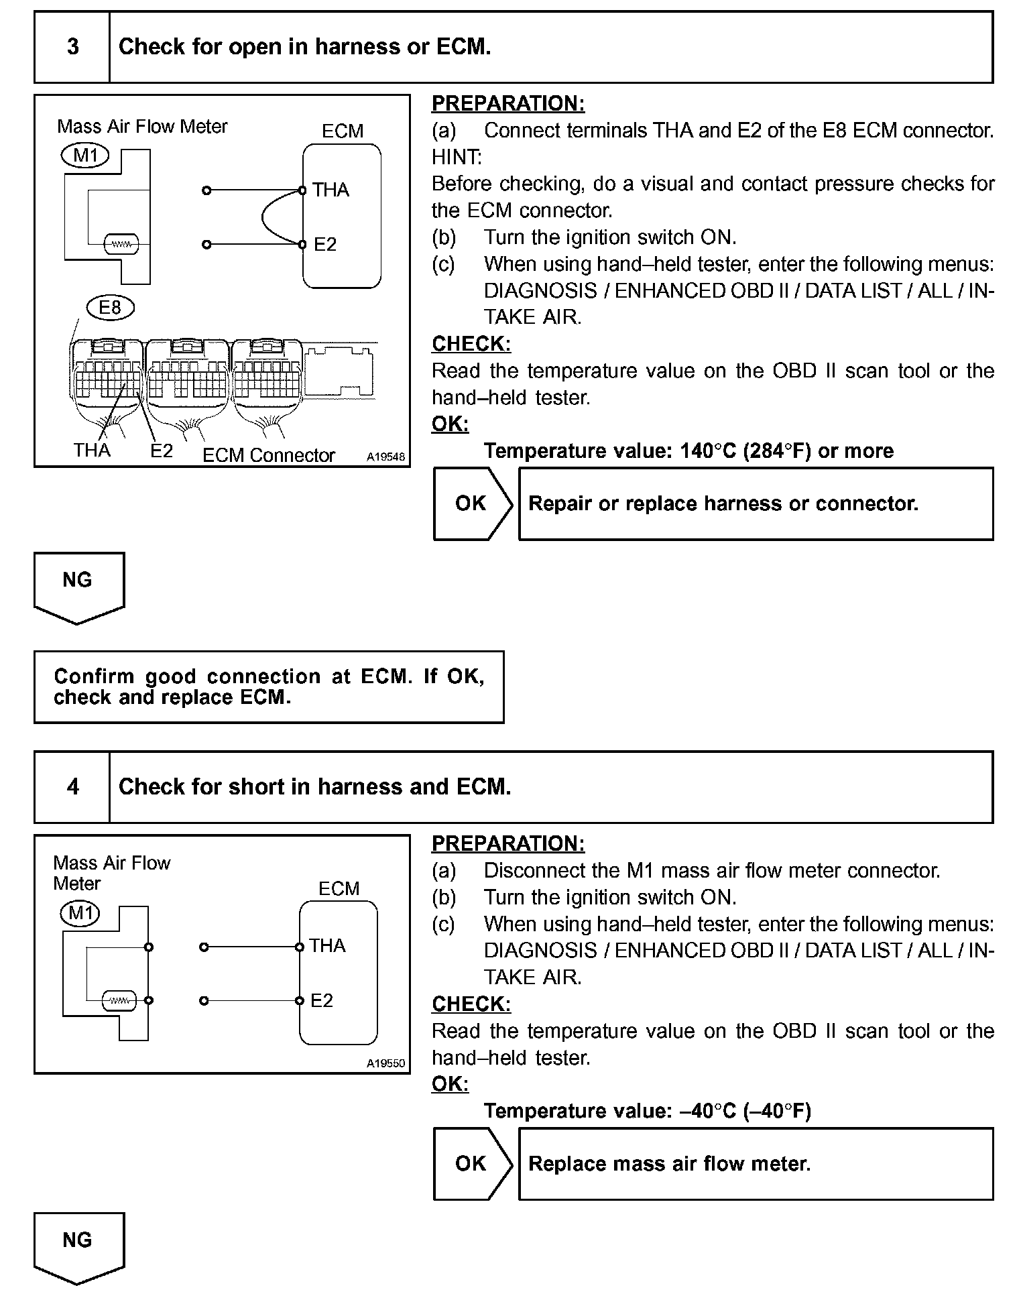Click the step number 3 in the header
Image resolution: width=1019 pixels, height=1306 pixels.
(72, 47)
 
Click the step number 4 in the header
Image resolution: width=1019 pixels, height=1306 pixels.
(72, 786)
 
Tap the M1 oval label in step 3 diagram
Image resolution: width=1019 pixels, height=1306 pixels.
(85, 156)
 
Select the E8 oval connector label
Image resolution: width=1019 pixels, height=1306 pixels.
(110, 308)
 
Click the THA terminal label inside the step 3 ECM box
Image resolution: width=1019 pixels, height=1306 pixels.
(331, 190)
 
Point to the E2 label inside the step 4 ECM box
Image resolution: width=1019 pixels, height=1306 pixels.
(322, 1001)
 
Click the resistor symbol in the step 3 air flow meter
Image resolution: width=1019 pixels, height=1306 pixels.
(121, 245)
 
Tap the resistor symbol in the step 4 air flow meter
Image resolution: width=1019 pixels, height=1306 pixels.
(119, 1001)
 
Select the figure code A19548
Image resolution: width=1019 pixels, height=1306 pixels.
(385, 457)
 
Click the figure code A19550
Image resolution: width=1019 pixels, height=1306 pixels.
(385, 1063)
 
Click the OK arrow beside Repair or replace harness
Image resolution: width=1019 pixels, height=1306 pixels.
(472, 503)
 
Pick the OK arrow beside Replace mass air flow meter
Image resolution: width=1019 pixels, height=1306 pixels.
(472, 1163)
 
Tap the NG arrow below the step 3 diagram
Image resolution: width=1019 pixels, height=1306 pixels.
(78, 585)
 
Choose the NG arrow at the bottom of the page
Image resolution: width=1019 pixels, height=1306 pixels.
(78, 1245)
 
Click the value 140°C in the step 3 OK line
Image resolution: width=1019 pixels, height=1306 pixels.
(708, 451)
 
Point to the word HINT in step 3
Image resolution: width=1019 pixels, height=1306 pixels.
(456, 158)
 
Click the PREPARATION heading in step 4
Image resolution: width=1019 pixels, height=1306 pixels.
(507, 843)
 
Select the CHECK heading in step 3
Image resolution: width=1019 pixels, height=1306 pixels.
(471, 344)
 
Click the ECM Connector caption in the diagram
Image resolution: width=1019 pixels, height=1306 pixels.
(268, 455)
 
